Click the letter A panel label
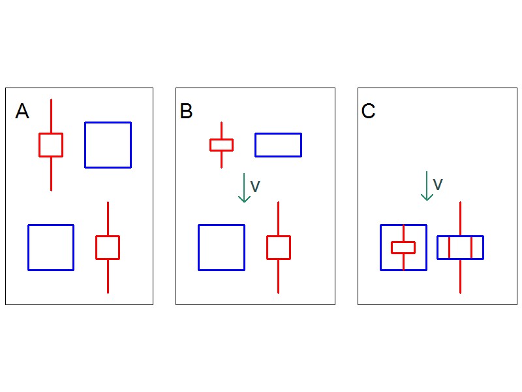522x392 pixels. click(x=22, y=112)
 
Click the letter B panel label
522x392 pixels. click(x=186, y=112)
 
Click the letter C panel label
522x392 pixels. click(x=368, y=112)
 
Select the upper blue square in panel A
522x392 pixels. click(x=108, y=145)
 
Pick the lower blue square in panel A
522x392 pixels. click(x=51, y=247)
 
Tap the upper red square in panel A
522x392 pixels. click(x=51, y=145)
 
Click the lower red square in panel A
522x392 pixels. click(x=108, y=248)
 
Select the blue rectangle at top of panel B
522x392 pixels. click(x=278, y=145)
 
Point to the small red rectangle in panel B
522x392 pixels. click(x=221, y=145)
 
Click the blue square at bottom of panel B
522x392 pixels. click(x=221, y=247)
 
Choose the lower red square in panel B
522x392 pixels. click(x=278, y=248)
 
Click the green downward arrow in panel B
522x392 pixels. click(x=243, y=188)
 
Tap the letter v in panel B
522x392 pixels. click(x=255, y=187)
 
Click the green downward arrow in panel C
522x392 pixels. click(x=427, y=186)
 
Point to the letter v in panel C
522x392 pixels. click(x=438, y=185)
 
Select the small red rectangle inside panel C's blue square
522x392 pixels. click(x=403, y=247)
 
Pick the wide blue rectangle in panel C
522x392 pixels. click(x=460, y=248)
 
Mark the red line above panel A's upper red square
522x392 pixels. click(x=51, y=116)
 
